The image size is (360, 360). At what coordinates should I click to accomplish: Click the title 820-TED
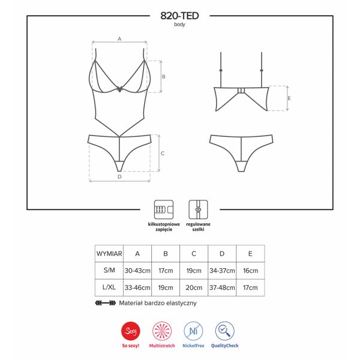pyautogui.click(x=179, y=16)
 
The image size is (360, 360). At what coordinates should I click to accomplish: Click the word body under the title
pyautogui.click(x=179, y=25)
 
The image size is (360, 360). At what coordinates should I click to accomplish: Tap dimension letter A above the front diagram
pyautogui.click(x=119, y=38)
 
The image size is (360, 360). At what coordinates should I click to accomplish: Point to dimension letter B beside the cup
pyautogui.click(x=163, y=77)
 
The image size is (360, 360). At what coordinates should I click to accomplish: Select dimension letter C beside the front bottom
pyautogui.click(x=163, y=153)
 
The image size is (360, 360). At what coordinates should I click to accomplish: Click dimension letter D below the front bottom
pyautogui.click(x=119, y=177)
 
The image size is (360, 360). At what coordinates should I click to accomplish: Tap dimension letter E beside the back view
pyautogui.click(x=289, y=98)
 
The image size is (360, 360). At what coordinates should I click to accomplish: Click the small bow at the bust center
pyautogui.click(x=120, y=88)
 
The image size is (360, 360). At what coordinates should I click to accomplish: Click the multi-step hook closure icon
pyautogui.click(x=163, y=209)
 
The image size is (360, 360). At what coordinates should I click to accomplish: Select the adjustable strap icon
pyautogui.click(x=197, y=209)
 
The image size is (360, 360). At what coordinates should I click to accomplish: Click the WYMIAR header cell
pyautogui.click(x=109, y=254)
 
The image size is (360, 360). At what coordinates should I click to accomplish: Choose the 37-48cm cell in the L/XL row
pyautogui.click(x=223, y=288)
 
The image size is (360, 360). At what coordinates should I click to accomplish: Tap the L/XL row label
pyautogui.click(x=109, y=288)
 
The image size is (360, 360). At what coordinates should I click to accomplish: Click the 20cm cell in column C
pyautogui.click(x=194, y=288)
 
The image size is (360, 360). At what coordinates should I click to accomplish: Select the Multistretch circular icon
pyautogui.click(x=163, y=331)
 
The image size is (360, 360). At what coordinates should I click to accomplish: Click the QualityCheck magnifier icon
pyautogui.click(x=225, y=331)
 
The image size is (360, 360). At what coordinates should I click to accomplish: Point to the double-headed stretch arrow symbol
pyautogui.click(x=106, y=303)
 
